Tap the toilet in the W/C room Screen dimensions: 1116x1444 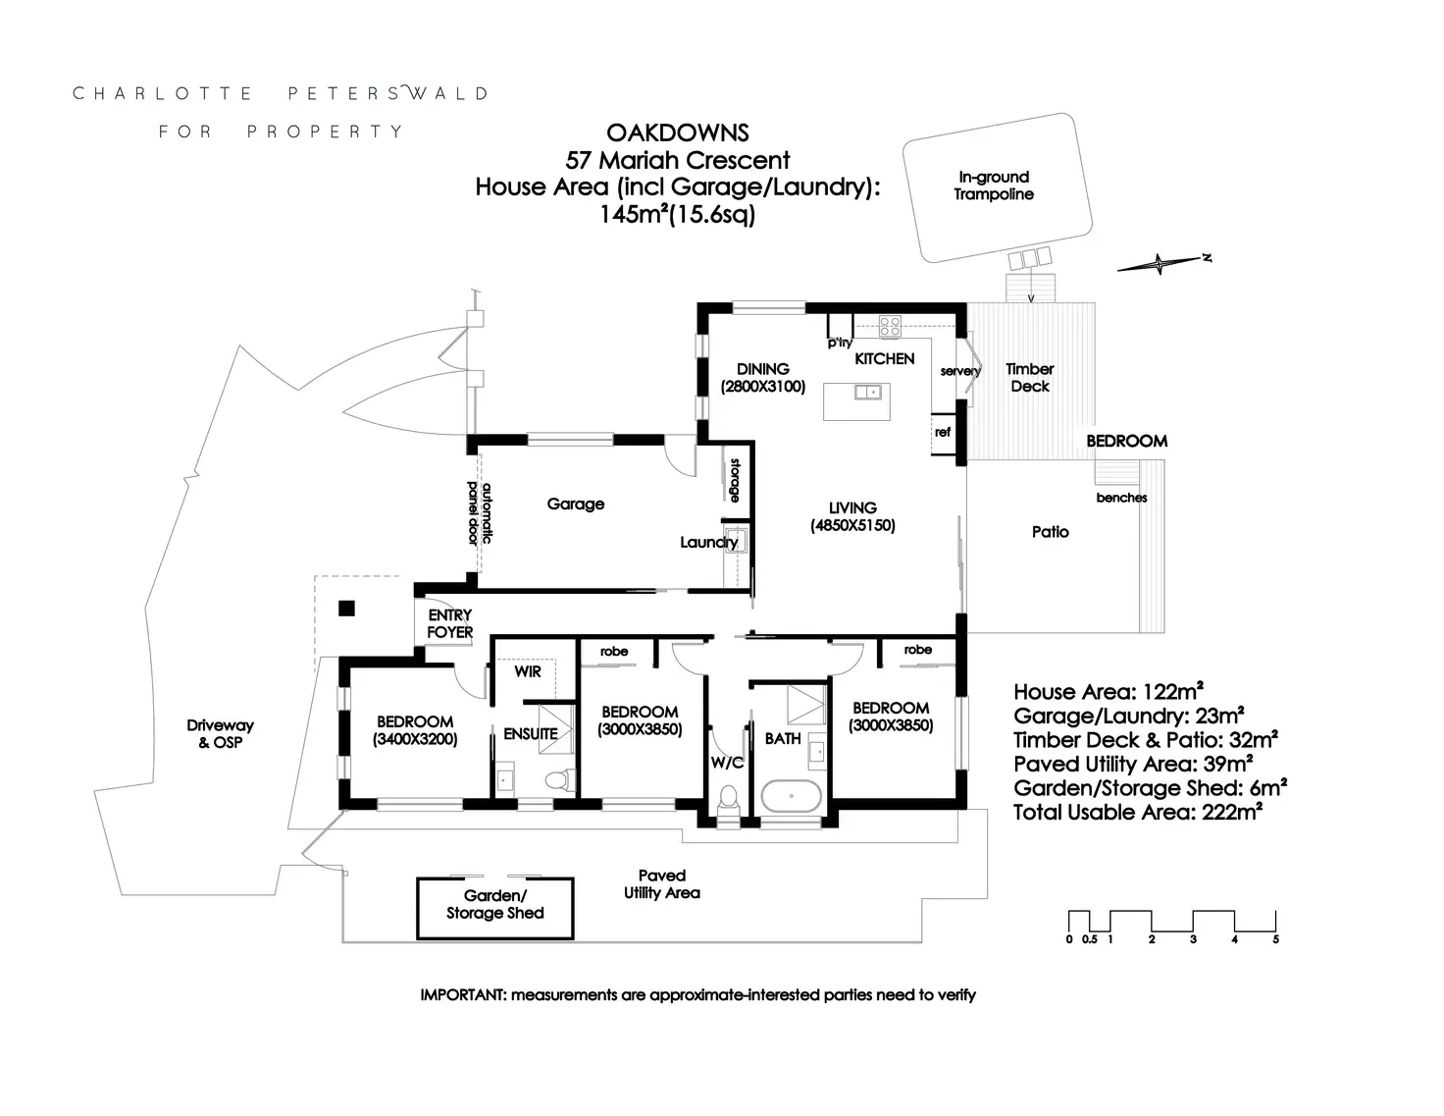[730, 796]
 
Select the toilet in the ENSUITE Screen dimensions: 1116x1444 [559, 781]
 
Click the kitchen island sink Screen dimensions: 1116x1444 [867, 393]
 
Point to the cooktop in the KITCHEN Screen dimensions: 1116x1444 [890, 326]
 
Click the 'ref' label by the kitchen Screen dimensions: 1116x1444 [943, 432]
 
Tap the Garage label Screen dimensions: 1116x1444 [576, 505]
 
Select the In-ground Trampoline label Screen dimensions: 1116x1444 [994, 186]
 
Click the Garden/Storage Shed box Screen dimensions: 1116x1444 [495, 908]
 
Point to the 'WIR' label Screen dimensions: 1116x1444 [528, 672]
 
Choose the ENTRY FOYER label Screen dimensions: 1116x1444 [450, 624]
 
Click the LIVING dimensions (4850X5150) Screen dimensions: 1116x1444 [852, 525]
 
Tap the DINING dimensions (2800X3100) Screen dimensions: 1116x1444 [763, 387]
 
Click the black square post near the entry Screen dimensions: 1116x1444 [345, 608]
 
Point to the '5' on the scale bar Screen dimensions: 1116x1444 [1275, 939]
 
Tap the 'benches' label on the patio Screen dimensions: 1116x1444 [1121, 498]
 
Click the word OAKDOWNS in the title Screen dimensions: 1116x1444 [678, 133]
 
